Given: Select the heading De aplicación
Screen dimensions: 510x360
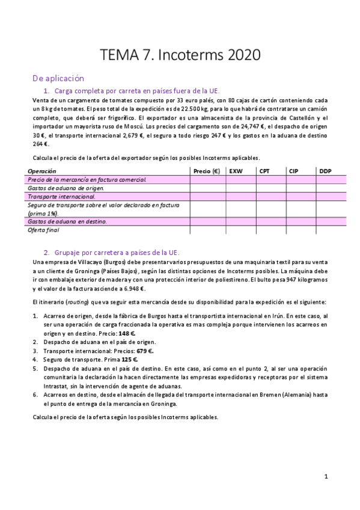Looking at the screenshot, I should tap(58, 78).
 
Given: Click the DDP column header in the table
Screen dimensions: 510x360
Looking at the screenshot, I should tap(325, 171).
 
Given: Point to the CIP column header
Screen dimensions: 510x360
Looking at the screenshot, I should tap(293, 171).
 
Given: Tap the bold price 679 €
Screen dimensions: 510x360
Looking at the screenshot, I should tap(144, 351).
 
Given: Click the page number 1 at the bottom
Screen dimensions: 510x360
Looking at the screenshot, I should tap(326, 476).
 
